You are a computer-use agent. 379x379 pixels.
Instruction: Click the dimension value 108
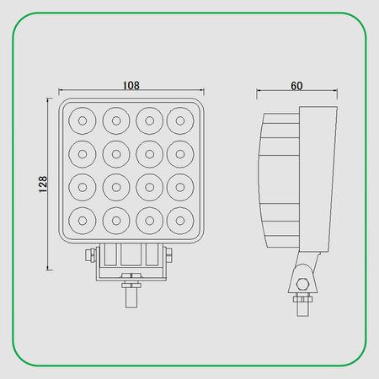[131, 85]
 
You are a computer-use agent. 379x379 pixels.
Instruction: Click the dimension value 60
[296, 85]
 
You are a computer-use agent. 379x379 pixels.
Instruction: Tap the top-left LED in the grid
[83, 121]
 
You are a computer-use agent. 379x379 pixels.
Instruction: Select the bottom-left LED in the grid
[83, 221]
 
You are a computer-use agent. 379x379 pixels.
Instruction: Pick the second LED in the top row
[115, 121]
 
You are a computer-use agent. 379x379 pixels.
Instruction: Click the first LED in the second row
[83, 154]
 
